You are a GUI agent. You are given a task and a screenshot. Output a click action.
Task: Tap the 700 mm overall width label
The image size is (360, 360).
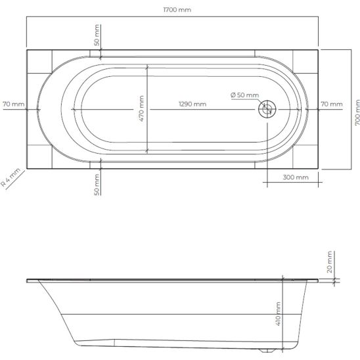[357, 112]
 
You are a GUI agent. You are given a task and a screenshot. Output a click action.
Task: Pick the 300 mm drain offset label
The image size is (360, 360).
[296, 177]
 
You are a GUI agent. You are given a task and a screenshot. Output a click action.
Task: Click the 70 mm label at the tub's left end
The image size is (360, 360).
[13, 104]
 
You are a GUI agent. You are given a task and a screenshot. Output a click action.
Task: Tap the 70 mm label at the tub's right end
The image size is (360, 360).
[332, 104]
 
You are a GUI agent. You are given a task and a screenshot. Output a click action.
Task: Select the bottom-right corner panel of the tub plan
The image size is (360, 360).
[305, 158]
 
